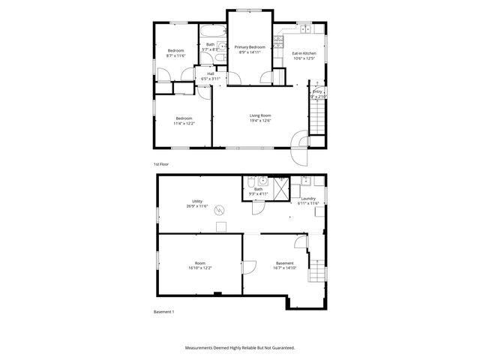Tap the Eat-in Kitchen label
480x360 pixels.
coord(304,54)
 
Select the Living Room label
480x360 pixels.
coord(259,115)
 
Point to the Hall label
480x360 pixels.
coord(200,73)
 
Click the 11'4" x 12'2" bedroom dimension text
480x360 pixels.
coord(184,123)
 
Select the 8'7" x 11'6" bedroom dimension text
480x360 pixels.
coord(175,55)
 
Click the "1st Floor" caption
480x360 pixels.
coord(160,163)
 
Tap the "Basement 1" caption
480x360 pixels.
coord(163,310)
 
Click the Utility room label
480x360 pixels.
coord(197,201)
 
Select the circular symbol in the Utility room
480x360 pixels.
coord(220,210)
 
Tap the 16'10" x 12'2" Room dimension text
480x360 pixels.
coord(200,268)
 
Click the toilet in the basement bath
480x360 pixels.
coord(247,181)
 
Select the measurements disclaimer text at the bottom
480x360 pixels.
coord(240,348)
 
